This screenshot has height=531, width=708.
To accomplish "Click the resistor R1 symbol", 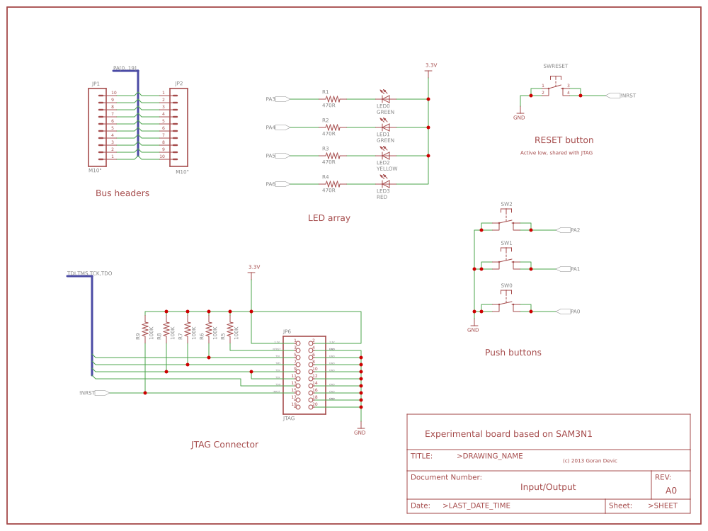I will [x=332, y=99].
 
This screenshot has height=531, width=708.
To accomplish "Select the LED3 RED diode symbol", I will [x=385, y=184].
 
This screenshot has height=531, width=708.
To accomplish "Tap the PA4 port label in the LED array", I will [x=270, y=127].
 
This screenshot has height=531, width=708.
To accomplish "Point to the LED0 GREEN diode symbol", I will [x=385, y=99].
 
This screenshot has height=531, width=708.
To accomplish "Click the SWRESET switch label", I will [x=555, y=66].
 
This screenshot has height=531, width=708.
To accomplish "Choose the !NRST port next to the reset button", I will [x=627, y=96].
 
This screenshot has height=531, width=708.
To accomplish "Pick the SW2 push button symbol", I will [x=506, y=225].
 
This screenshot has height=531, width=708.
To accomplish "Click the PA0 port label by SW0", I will [x=575, y=312].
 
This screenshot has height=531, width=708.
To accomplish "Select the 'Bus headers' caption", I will [x=122, y=193].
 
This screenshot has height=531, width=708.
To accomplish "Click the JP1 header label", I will [x=96, y=84].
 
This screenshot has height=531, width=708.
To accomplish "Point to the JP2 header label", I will [x=178, y=84].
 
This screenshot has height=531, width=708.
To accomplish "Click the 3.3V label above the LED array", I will [x=430, y=65].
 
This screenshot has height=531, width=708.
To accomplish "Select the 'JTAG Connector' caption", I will [x=224, y=445].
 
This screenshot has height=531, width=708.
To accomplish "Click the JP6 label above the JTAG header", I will [x=287, y=331].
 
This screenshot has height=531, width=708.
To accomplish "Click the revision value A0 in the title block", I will [x=670, y=490].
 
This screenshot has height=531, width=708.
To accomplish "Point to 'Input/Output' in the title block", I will [x=548, y=487].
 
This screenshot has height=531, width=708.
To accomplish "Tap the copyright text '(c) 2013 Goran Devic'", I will [x=590, y=461].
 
